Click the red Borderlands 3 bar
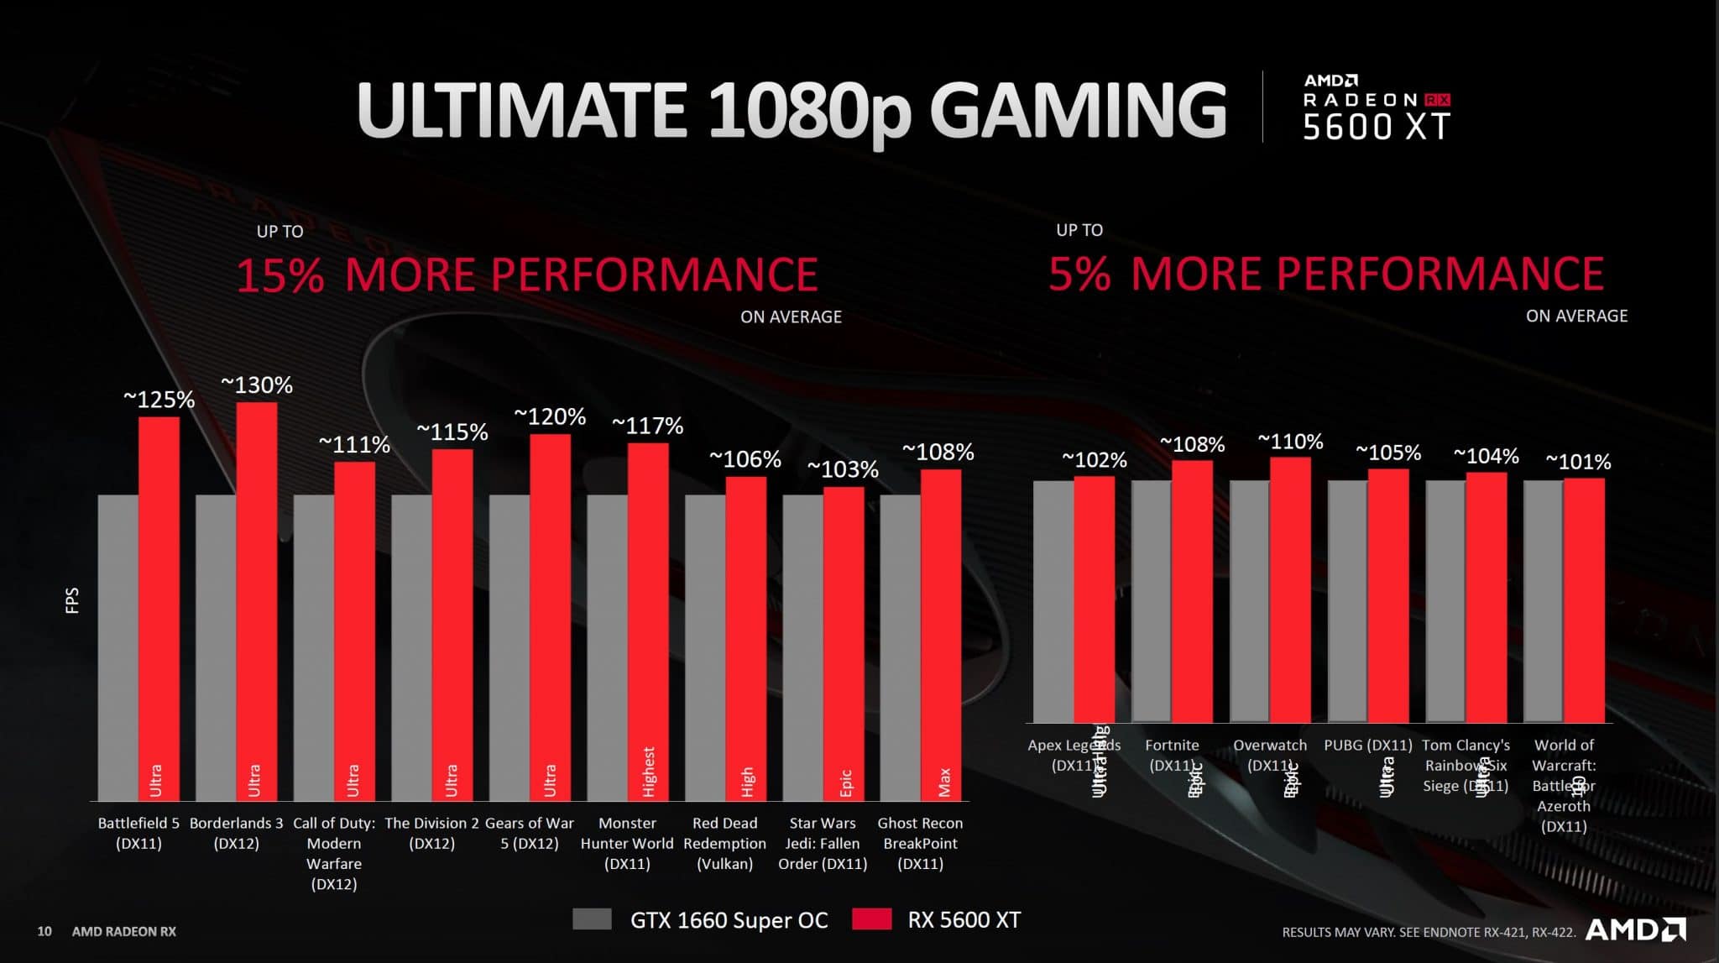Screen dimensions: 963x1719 [257, 588]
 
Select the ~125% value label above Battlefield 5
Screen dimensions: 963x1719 [159, 400]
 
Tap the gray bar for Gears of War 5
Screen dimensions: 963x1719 [509, 646]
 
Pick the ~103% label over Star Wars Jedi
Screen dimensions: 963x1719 [843, 469]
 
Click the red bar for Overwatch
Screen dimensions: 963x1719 [1290, 588]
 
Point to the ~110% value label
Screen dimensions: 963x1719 [1290, 442]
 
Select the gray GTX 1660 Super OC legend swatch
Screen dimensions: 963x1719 [592, 919]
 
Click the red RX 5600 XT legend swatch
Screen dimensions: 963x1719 [871, 919]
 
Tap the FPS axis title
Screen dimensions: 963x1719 [72, 599]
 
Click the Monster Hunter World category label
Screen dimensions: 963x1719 [627, 843]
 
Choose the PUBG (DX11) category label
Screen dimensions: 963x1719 [1368, 745]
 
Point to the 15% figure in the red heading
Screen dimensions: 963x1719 [280, 275]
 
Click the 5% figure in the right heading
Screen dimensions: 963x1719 [1079, 274]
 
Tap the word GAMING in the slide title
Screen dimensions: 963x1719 [1078, 109]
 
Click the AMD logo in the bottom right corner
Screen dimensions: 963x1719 [1635, 929]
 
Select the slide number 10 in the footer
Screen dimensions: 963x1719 [44, 931]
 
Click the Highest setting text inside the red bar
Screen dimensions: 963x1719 [649, 771]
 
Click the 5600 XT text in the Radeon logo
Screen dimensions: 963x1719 [1377, 127]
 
